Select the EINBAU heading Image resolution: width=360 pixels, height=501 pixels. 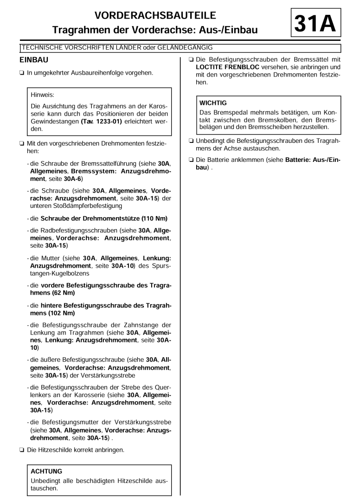[x=37, y=60]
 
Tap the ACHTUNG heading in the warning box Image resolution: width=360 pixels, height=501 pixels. [x=46, y=471]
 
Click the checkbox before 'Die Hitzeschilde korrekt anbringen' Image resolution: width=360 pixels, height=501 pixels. [x=22, y=450]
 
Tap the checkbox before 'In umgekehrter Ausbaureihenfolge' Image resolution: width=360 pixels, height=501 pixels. [x=22, y=72]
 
